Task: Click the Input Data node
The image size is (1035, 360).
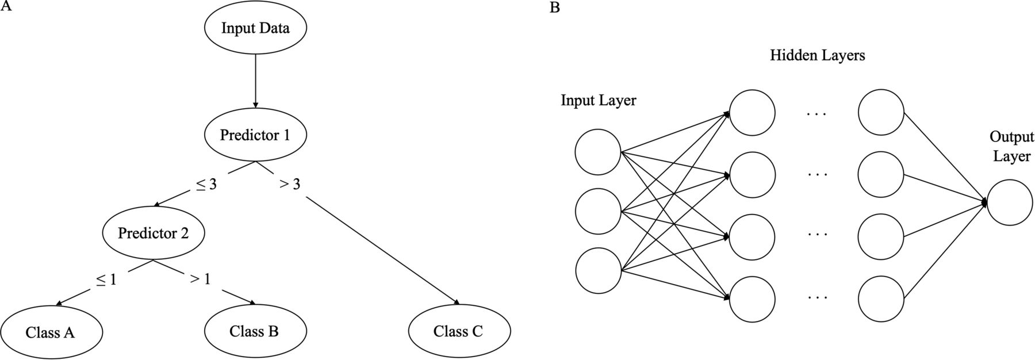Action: pyautogui.click(x=255, y=28)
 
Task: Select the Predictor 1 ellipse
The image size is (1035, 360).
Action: pyautogui.click(x=255, y=135)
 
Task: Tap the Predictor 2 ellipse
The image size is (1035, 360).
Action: pyautogui.click(x=153, y=233)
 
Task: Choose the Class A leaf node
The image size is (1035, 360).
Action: pyautogui.click(x=51, y=332)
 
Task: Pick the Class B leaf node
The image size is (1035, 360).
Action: pyautogui.click(x=254, y=331)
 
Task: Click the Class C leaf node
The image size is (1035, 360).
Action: pyautogui.click(x=458, y=331)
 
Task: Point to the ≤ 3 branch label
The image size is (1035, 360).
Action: pyautogui.click(x=206, y=185)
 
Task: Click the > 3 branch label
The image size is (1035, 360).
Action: pyautogui.click(x=290, y=185)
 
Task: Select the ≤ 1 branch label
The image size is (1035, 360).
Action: pyautogui.click(x=106, y=279)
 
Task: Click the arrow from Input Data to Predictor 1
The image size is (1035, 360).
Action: pyautogui.click(x=255, y=81)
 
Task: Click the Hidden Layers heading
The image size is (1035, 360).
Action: pyautogui.click(x=817, y=55)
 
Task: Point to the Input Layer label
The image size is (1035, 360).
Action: pyautogui.click(x=598, y=101)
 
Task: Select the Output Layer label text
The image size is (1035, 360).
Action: pyautogui.click(x=1011, y=147)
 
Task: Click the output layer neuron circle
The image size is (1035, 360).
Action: pyautogui.click(x=1010, y=202)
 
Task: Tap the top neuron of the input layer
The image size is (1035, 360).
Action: pyautogui.click(x=598, y=152)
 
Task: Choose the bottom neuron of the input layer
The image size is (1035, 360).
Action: pyautogui.click(x=598, y=271)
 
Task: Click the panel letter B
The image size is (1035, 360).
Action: pyautogui.click(x=554, y=7)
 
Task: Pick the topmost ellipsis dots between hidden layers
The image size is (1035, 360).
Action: pyautogui.click(x=816, y=114)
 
